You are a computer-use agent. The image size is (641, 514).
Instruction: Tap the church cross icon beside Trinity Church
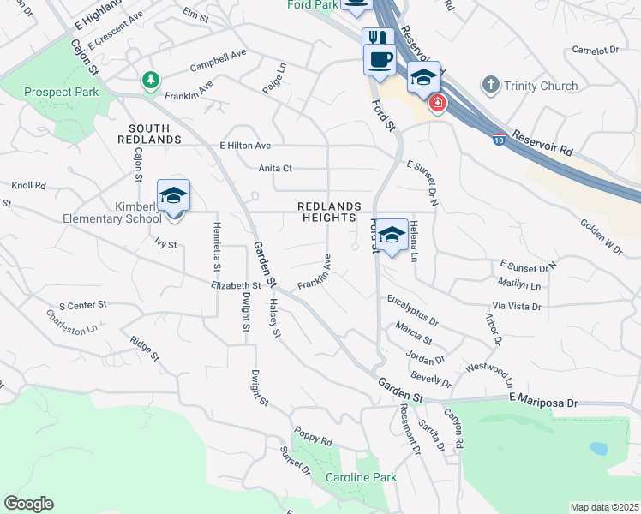(490, 85)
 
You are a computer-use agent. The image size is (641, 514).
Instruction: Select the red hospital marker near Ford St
(438, 104)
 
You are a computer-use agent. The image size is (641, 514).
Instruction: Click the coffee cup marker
(380, 59)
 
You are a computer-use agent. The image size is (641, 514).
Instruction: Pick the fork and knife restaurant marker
(378, 38)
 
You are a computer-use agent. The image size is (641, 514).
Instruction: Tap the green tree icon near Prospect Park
(151, 80)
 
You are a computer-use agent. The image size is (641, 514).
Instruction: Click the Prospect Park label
(61, 92)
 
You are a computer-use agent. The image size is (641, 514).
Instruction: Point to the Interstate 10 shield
(499, 140)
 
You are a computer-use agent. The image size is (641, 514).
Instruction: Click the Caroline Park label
(361, 476)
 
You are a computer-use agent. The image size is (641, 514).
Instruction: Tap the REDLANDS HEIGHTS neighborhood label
(326, 212)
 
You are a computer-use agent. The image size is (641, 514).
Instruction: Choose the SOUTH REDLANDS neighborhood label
(149, 133)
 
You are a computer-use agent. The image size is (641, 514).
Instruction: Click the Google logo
(28, 504)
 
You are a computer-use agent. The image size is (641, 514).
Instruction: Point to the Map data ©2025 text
(604, 507)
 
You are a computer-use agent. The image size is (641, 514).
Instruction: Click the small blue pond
(598, 448)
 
